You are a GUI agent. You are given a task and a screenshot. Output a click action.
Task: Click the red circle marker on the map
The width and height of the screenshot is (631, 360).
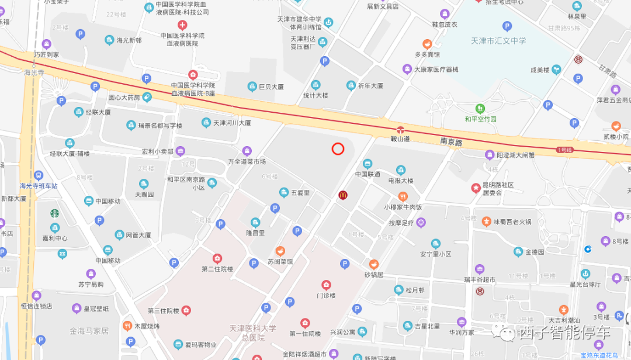coord(338,149)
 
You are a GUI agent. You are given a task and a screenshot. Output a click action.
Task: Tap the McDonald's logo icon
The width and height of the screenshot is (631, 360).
coord(343,195)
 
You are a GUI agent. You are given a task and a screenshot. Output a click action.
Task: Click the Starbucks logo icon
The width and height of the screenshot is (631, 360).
coord(54,213)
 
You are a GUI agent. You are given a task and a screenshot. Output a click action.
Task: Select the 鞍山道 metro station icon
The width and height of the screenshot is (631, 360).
coord(401,129)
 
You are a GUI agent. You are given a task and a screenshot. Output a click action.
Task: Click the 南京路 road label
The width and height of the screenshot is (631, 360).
coord(451,142)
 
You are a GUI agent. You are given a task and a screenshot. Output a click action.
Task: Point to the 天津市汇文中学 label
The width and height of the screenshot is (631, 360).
coord(498,41)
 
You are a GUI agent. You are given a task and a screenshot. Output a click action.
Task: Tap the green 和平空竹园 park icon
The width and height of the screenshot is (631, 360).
coord(480,108)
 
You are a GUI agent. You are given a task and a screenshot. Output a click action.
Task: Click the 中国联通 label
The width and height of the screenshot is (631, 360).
coord(367,174)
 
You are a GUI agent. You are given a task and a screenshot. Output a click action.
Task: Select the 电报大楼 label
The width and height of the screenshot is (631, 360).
coord(401,181)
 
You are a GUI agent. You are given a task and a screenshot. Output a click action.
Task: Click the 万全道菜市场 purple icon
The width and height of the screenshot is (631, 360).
coord(247,151)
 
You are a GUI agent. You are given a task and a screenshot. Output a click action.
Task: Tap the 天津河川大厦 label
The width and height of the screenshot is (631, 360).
coord(231,123)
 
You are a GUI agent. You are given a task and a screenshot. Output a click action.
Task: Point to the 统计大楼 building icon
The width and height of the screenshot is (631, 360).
coord(315,85)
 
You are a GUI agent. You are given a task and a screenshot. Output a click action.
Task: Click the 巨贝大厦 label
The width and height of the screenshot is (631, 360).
coord(271,86)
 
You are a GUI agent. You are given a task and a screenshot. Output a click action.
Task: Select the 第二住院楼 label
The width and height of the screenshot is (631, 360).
coord(217,269)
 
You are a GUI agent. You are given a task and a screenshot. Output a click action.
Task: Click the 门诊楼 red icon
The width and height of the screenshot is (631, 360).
coord(327,285)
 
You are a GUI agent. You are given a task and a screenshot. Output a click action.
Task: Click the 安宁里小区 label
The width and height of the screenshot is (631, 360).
coord(435,254)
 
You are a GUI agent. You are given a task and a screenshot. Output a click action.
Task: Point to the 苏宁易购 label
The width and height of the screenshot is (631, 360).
coord(91,284)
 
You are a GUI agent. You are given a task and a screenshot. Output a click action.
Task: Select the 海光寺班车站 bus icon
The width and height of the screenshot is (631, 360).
coord(39,175)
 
